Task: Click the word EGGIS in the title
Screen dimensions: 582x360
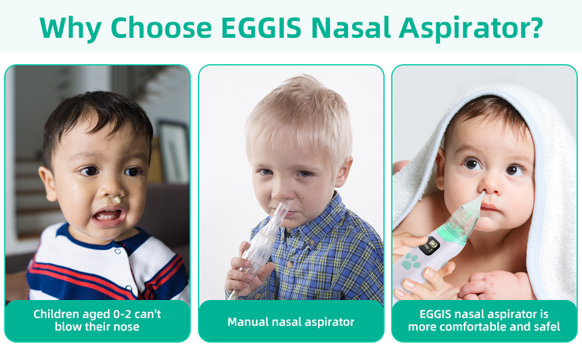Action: click(261, 28)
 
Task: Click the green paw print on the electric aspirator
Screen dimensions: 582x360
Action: click(410, 260)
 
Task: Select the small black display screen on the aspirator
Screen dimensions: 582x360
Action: click(430, 245)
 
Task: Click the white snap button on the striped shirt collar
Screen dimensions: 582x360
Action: click(118, 251)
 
